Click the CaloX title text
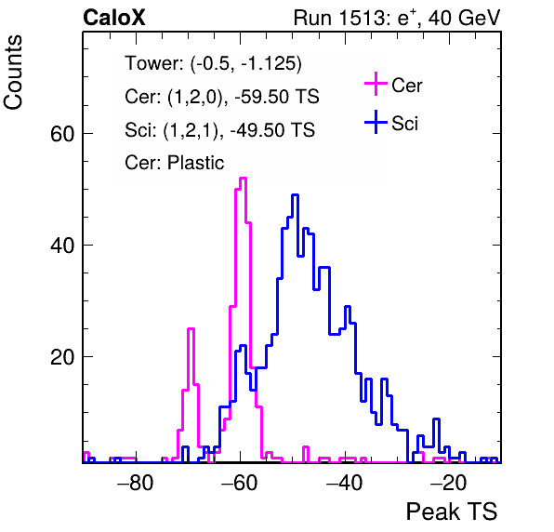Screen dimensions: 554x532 pos(113,18)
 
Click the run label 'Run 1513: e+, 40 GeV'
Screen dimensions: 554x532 pos(397,18)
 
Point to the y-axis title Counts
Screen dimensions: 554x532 pos(13,73)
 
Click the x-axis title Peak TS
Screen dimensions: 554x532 pos(452,512)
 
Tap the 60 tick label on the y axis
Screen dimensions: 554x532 pos(62,134)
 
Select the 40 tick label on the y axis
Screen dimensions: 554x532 pos(62,245)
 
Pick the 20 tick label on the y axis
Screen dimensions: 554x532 pos(62,356)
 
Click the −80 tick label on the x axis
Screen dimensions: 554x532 pos(136,483)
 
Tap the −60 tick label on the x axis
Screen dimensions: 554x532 pos(240,483)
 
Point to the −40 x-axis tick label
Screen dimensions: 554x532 pos(345,483)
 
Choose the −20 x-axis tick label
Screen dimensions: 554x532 pos(449,483)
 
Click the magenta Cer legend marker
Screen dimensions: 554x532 pos(376,84)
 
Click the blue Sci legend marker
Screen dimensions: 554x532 pos(376,123)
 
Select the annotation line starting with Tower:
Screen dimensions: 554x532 pos(214,63)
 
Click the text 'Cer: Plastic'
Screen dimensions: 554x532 pos(175,163)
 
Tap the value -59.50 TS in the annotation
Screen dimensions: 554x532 pos(277,97)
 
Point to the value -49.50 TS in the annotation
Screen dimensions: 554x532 pos(272,129)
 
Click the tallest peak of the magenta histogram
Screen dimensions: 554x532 pos(243,179)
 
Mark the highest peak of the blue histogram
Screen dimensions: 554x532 pos(295,195)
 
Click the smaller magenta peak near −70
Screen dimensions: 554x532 pos(191,329)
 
